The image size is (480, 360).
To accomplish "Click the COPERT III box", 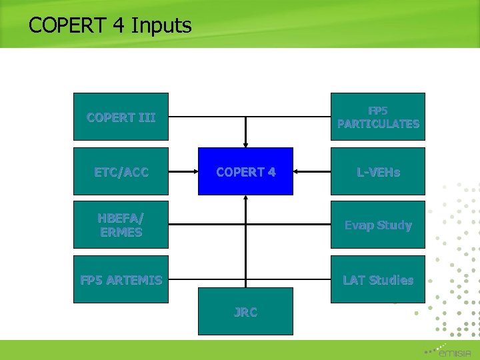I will tap(121, 117).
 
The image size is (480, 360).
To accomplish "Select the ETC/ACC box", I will tap(121, 171).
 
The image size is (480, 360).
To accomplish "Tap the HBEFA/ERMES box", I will tap(121, 225).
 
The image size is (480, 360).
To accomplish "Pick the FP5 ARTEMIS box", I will tap(121, 279).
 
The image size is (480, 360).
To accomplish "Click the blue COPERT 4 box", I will tap(245, 171).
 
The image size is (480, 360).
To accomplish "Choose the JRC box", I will tap(245, 311).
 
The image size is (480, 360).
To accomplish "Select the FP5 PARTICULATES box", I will tap(378, 117).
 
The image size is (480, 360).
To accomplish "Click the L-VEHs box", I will tap(378, 171).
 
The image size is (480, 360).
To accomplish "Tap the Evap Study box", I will tap(378, 225).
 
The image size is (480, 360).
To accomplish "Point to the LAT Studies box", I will tap(378, 279).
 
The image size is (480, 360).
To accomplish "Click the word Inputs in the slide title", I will tap(161, 26).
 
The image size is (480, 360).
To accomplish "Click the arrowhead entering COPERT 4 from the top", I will tap(245, 143).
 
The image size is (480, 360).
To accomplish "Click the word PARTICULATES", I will tap(378, 124).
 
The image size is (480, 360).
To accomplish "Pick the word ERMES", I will tap(121, 232).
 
